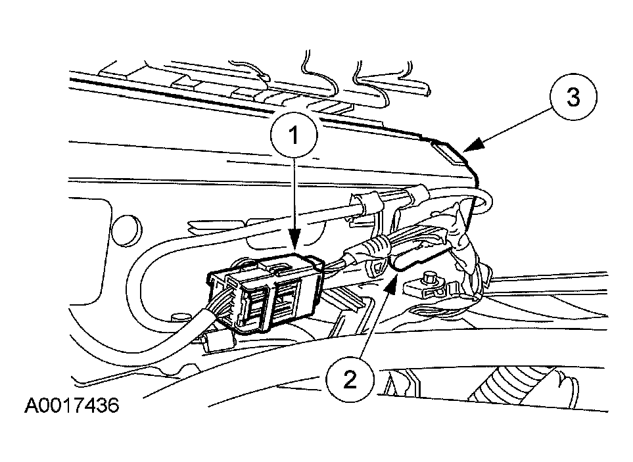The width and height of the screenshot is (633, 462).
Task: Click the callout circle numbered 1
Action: coord(294,134)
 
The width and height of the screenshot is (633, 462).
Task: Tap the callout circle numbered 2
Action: coord(350,380)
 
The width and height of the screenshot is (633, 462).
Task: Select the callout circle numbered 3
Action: coord(573,97)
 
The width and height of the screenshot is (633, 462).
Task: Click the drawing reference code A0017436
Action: coord(72,405)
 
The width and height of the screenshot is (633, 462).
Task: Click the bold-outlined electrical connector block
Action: coord(264,291)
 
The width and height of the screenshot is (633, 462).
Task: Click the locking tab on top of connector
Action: coord(278,267)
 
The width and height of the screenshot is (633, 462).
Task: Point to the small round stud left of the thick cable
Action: coord(176,317)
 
